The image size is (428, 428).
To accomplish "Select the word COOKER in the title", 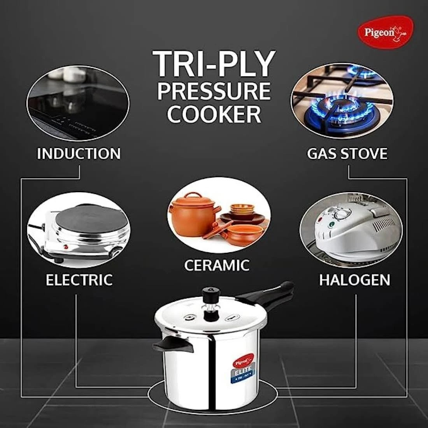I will coord(214,114).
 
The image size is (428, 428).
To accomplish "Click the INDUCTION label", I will coord(79,154).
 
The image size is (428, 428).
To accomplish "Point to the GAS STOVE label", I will coord(347,154).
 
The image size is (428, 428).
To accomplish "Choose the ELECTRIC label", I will coord(79,280).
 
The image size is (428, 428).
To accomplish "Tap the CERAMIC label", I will coord(217,265).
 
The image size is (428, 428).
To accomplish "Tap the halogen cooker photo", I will coord(351,230).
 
